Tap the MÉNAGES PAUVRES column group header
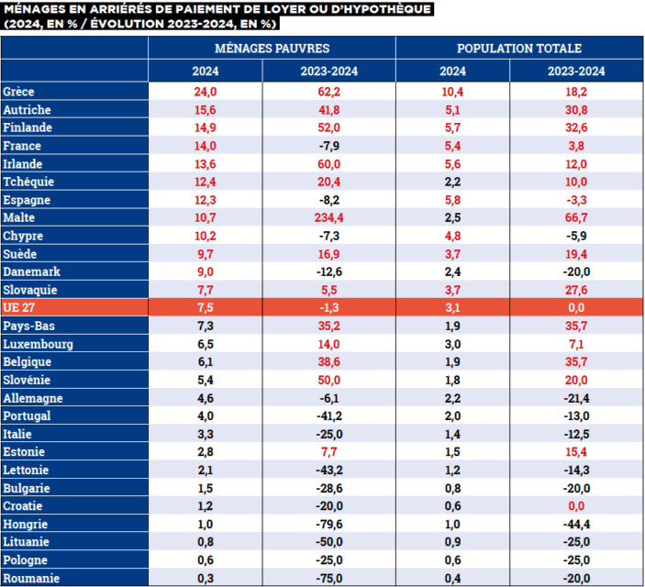coord(272,48)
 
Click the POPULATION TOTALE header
coord(518,48)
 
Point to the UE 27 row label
coord(19,307)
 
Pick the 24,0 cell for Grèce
coord(206,92)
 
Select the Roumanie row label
coord(31,578)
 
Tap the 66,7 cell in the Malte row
coord(576,217)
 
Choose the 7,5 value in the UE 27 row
coord(206,307)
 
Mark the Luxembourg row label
coord(38,344)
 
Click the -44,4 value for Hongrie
coord(576,524)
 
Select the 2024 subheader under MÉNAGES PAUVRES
coord(206,71)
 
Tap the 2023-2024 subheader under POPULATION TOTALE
coord(576,71)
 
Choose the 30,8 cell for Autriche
coord(576,109)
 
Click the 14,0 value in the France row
coord(206,146)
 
